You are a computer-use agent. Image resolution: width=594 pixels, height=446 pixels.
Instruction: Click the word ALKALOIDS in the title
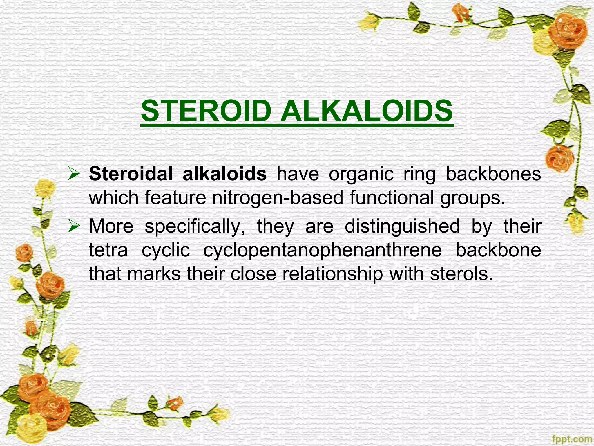pos(366,111)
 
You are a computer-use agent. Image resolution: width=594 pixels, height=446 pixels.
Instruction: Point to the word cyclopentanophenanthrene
pos(322,250)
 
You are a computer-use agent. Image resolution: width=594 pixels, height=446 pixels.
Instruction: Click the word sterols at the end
pos(461,274)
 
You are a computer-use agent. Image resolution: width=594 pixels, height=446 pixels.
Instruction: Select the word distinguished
pos(402,226)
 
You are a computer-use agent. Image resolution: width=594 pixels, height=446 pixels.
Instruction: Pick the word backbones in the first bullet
pos(493,174)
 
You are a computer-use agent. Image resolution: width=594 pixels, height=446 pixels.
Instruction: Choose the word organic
pos(361,175)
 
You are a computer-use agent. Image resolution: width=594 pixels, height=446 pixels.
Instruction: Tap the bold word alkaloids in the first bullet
pos(224,174)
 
